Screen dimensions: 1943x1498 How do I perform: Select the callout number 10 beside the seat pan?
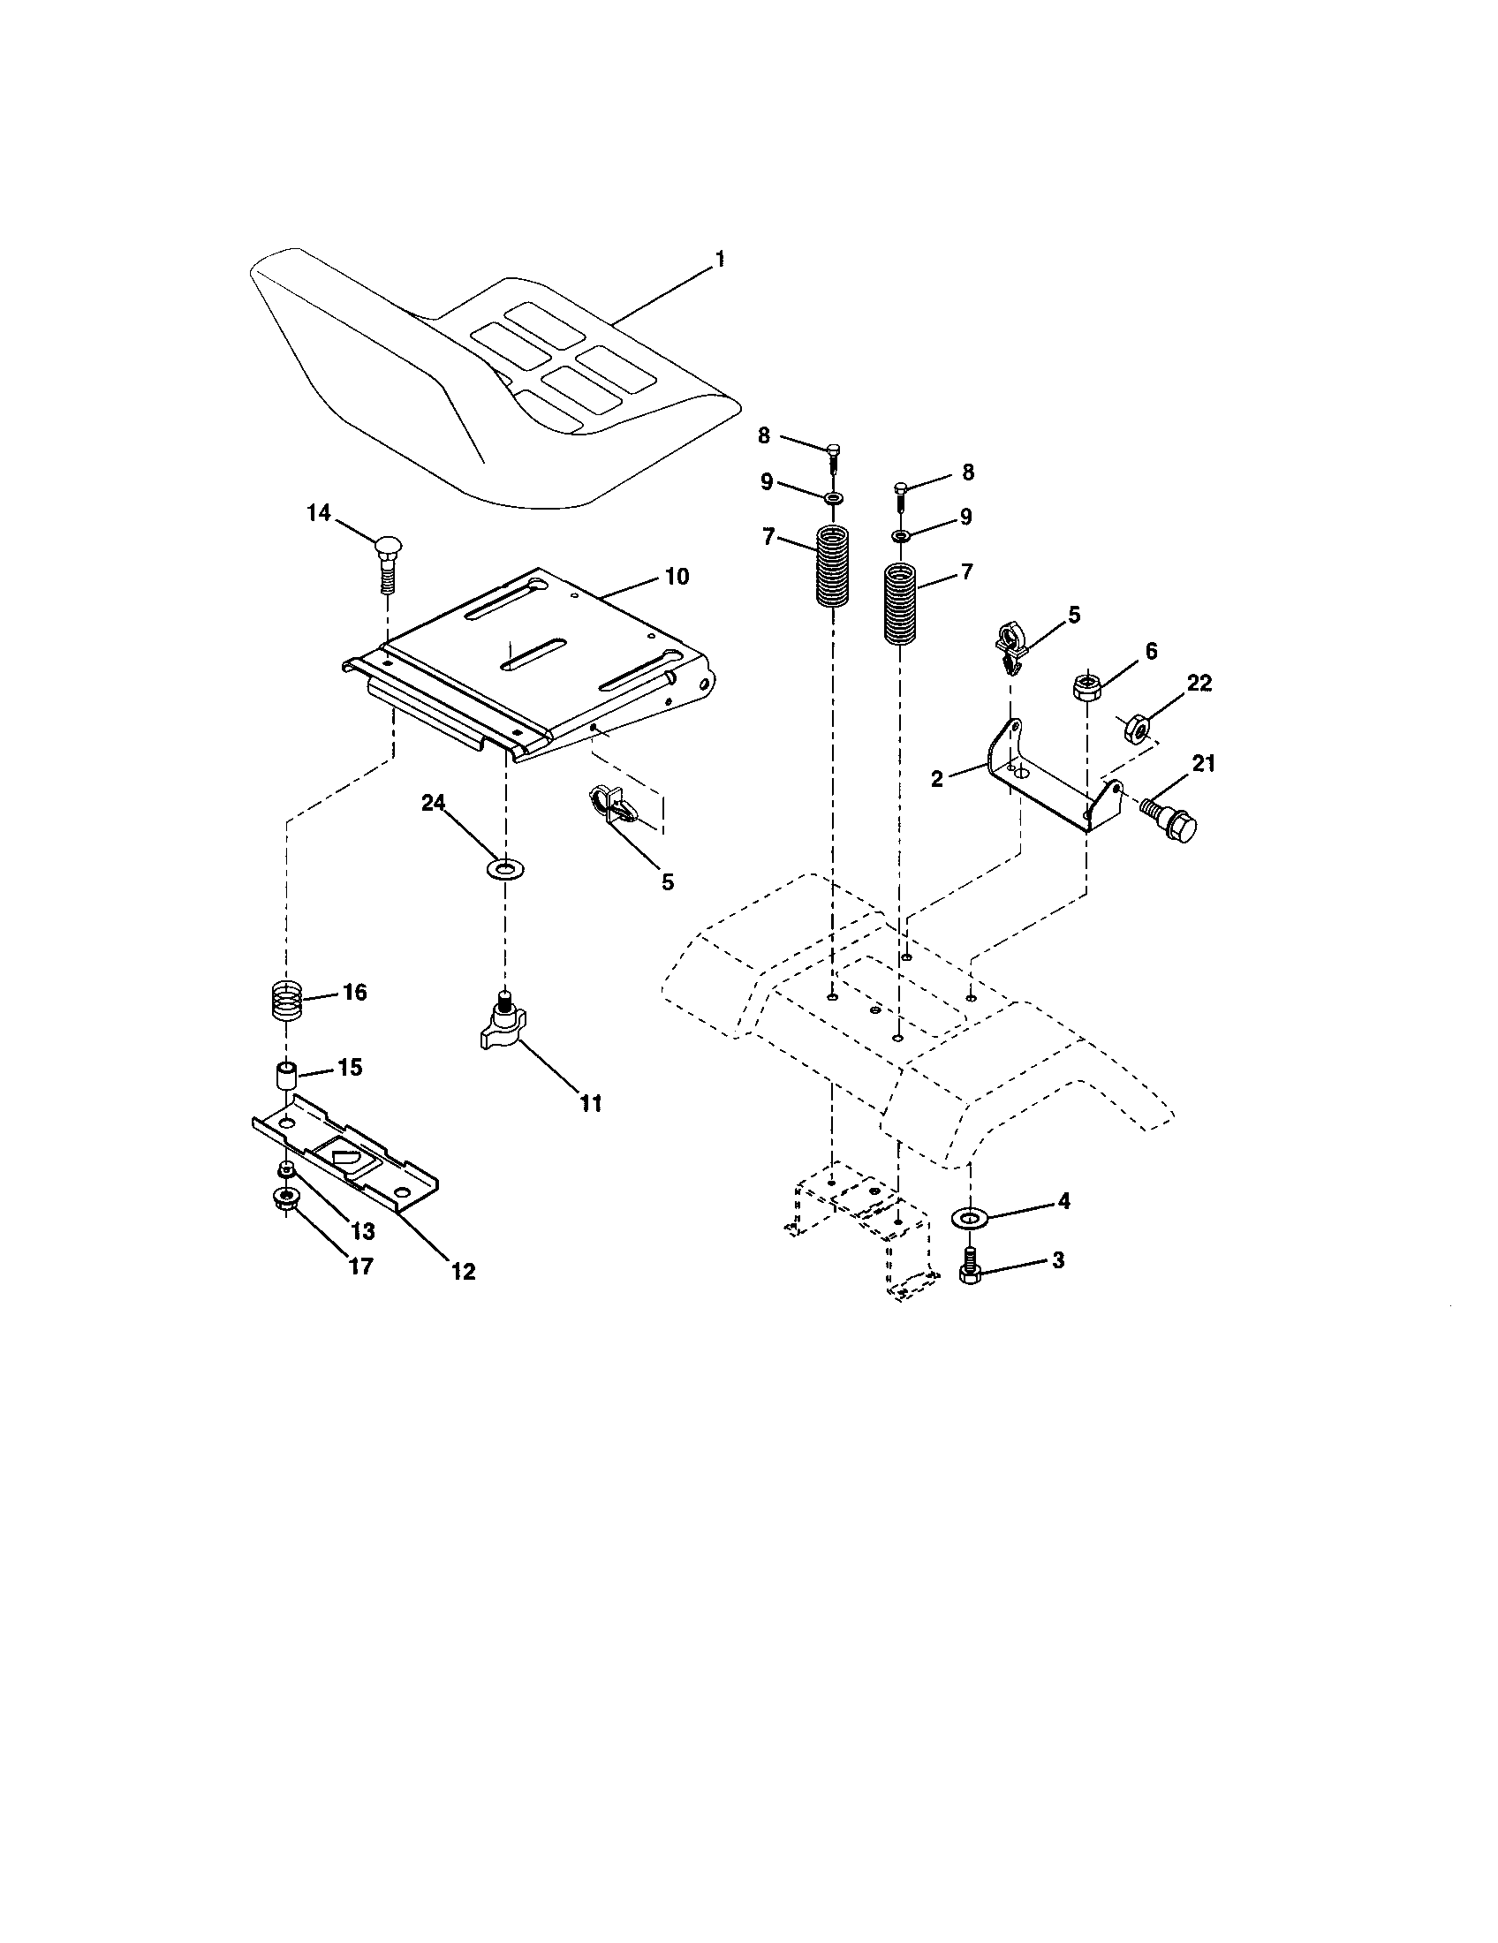coord(676,577)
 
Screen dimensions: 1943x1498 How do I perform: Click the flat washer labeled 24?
coord(505,866)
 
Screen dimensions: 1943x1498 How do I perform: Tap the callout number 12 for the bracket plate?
coord(463,1271)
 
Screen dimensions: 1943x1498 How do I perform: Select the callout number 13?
coord(362,1231)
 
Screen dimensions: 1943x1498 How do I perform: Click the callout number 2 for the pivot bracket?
coord(937,778)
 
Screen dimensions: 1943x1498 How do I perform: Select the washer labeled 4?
coord(971,1215)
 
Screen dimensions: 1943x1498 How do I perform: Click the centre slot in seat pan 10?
coord(533,654)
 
